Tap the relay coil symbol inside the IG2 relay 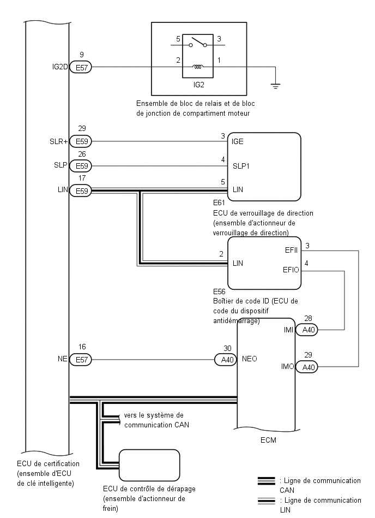tap(198, 67)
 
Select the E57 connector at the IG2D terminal tap(81, 67)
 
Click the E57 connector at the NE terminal tap(81, 359)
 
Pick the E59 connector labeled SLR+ tap(81, 141)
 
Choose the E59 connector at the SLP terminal tap(81, 166)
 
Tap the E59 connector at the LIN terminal tap(81, 191)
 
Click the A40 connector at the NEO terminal tap(226, 360)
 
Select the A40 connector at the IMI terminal tap(307, 330)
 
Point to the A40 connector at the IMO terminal tap(307, 367)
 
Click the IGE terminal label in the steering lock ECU tap(238, 141)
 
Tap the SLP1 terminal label tap(241, 166)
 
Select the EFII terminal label tap(291, 250)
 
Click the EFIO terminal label tap(291, 270)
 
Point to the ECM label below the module tap(269, 440)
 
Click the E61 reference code tap(219, 203)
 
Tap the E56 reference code tap(219, 291)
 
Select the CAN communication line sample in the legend tap(266, 481)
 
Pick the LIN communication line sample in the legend tap(266, 501)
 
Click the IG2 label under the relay tap(198, 85)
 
